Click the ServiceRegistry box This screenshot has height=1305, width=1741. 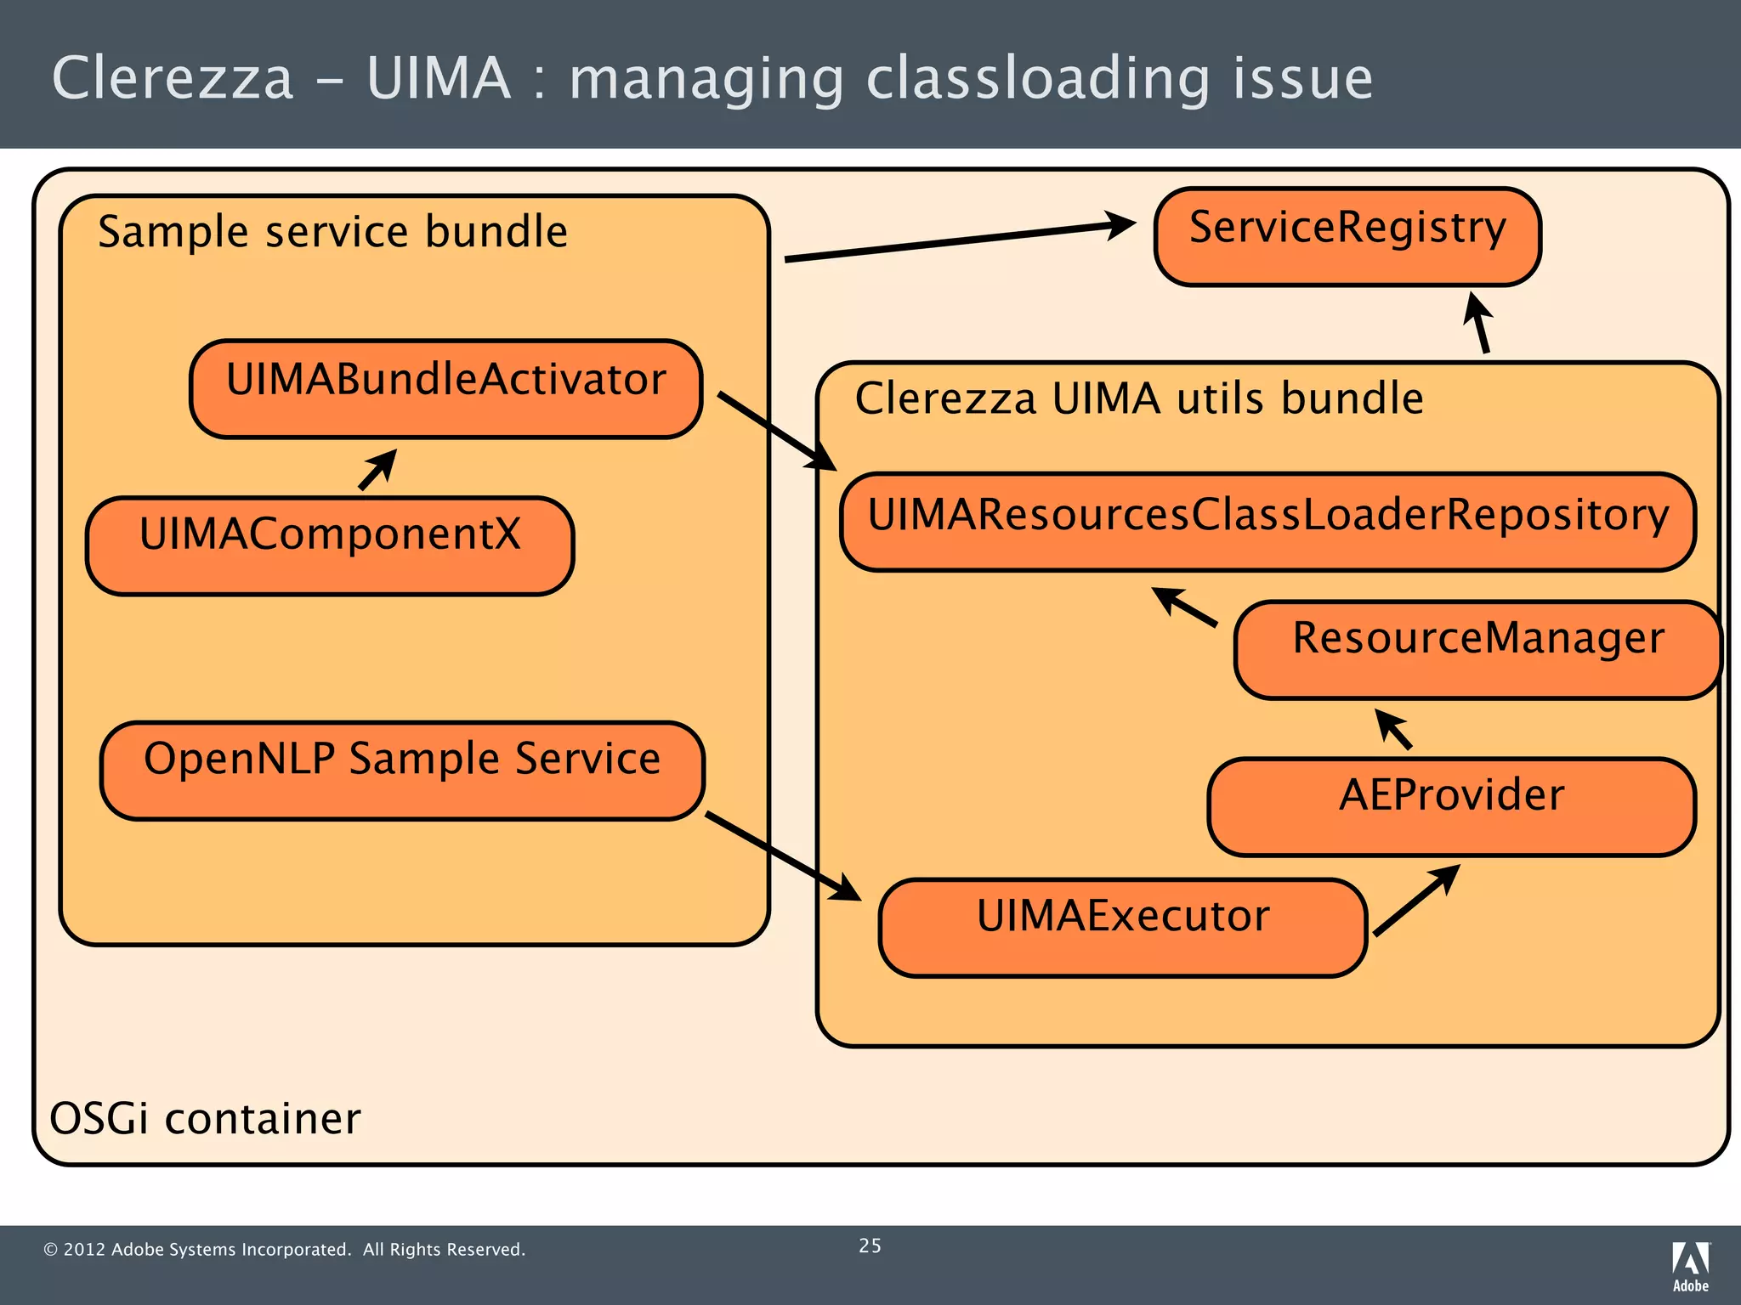coord(1347,237)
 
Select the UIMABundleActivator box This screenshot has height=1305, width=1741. coord(445,389)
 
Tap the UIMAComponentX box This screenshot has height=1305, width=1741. coord(330,545)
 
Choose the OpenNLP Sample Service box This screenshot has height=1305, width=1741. coord(402,770)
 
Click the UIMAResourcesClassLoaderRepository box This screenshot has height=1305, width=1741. coord(1267,522)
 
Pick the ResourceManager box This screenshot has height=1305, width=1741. coord(1477,650)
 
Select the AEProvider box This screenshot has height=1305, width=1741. coord(1451,806)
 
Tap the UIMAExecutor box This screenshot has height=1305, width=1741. coord(1122,927)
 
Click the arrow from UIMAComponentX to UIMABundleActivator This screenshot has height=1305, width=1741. coord(377,470)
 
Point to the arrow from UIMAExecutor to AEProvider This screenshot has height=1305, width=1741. coord(1416,900)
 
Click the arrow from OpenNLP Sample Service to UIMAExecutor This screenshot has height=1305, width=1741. coord(783,856)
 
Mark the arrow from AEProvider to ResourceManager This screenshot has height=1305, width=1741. coord(1394,730)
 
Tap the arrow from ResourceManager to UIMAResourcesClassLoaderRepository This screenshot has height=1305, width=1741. coord(1185,607)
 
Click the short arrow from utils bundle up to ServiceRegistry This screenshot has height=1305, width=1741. coord(1479,323)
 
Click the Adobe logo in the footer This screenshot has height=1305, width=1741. coord(1690,1266)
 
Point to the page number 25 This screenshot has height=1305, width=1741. coord(870,1246)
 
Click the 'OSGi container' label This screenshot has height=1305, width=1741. coord(205,1118)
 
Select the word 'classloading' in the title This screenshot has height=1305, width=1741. coord(1037,79)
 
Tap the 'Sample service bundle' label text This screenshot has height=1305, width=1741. coord(332,232)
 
